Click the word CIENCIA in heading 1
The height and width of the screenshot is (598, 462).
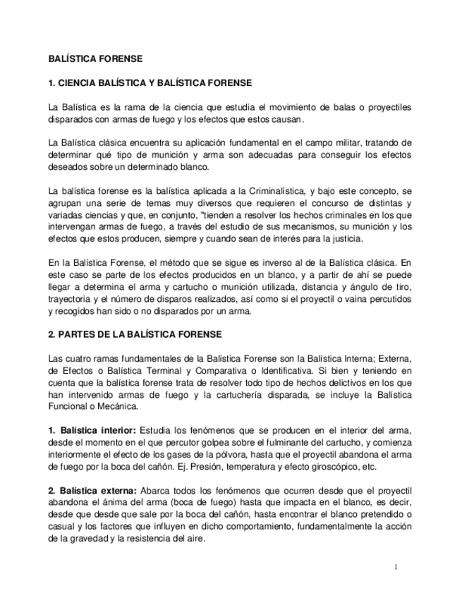[83, 83]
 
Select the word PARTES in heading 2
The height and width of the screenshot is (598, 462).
[79, 334]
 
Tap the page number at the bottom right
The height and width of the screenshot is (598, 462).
[396, 568]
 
